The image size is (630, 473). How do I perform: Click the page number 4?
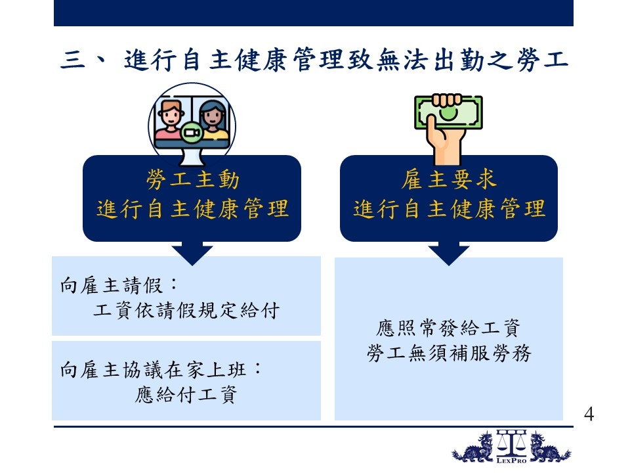click(x=589, y=414)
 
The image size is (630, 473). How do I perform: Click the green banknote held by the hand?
click(x=448, y=112)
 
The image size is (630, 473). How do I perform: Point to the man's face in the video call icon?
click(x=171, y=114)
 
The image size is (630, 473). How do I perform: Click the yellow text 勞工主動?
click(x=193, y=179)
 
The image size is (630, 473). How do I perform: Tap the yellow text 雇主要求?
click(x=449, y=179)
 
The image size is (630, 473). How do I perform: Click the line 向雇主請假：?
click(x=119, y=286)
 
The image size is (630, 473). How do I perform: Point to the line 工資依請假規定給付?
click(x=186, y=311)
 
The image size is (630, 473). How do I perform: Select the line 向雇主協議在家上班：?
click(x=161, y=370)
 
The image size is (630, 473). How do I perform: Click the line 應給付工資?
click(x=186, y=395)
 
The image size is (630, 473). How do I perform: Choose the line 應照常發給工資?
click(x=448, y=328)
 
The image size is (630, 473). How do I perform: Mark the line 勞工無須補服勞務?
click(x=449, y=353)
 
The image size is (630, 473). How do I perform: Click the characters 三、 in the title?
click(x=83, y=60)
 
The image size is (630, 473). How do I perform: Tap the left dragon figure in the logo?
click(x=473, y=447)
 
